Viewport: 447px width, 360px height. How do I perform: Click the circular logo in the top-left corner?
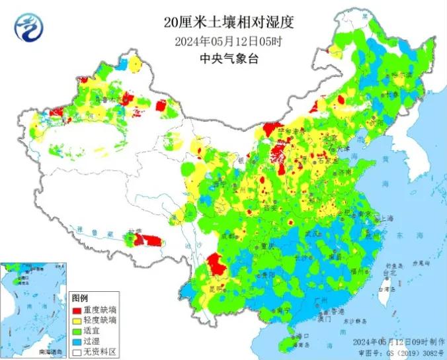tap(26, 26)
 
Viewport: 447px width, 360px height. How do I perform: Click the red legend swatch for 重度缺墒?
tap(77, 310)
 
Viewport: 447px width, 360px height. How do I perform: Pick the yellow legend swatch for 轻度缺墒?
tap(77, 320)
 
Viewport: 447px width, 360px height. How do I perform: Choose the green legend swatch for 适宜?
tap(77, 331)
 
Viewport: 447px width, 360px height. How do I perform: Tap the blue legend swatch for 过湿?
tap(77, 341)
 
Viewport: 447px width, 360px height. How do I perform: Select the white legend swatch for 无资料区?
tap(77, 352)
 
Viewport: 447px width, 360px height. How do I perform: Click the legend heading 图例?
tap(80, 299)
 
